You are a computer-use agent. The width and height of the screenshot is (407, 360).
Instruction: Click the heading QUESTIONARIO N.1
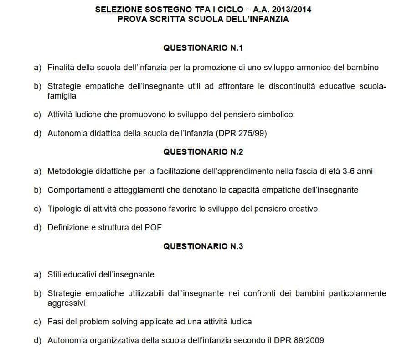click(203, 47)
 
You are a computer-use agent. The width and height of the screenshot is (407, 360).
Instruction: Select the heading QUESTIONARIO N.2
click(203, 152)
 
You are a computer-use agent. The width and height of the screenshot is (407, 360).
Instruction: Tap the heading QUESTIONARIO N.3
click(203, 246)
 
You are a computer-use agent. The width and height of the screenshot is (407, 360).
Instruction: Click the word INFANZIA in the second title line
click(269, 19)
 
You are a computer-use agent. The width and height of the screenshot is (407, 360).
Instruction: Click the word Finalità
click(61, 68)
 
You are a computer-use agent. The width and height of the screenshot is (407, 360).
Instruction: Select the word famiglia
click(62, 96)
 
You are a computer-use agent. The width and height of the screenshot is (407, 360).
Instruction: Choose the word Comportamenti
click(75, 190)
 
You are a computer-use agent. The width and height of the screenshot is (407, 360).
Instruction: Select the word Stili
click(55, 275)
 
